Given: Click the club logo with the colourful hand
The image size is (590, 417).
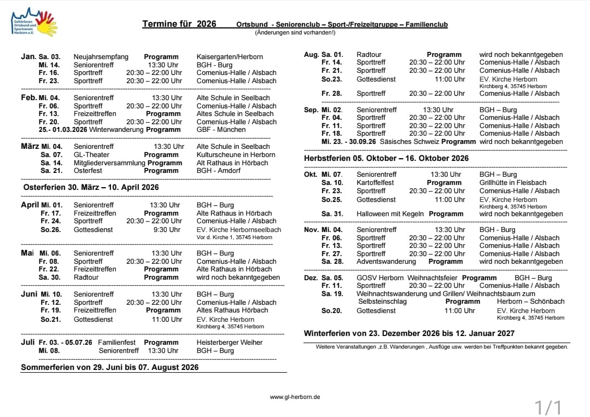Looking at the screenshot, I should coord(34,22).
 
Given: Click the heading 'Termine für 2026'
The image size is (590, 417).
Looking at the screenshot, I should coord(179,24).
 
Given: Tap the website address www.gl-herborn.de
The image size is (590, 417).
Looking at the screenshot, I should coord(295,397).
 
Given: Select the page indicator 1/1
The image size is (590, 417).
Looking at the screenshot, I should coord(547,407).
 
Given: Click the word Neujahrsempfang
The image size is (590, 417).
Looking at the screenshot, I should coord(101,57).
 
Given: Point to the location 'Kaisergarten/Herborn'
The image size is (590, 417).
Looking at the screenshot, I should coord(230,57).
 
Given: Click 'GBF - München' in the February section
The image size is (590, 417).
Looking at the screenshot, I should coord(221,130).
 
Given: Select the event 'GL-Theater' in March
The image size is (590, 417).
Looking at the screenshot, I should coord(91,155).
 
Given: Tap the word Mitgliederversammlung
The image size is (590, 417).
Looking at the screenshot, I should coord(109,163).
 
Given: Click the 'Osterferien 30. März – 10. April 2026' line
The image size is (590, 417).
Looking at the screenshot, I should coord(91,187).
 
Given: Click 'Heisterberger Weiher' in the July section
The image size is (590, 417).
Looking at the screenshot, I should coord(230,343).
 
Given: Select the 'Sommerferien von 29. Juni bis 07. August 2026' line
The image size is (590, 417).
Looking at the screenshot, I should coord(109,367).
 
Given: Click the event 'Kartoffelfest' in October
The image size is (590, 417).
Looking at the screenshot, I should coord(375,183).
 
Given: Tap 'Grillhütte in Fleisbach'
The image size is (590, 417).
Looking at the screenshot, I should coord(512,183).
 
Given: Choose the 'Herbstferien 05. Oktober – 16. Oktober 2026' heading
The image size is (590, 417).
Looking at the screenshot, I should coord(386,158).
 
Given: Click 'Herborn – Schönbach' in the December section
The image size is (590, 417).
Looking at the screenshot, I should coord(530,302).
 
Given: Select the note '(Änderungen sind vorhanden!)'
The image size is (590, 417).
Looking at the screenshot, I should coord(295,33).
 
